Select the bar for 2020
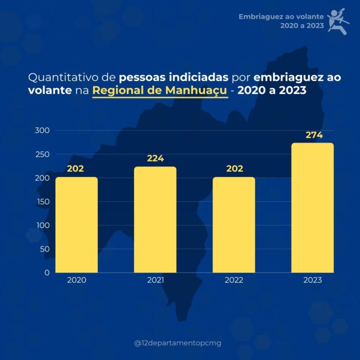[77, 225]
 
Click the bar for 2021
[155, 220]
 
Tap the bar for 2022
[234, 225]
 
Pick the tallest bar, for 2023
[312, 208]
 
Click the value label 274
[312, 135]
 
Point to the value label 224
[155, 158]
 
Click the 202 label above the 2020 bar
[75, 169]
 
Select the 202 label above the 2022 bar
[234, 169]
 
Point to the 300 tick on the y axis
[42, 131]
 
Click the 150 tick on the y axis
[42, 202]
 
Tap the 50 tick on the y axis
[45, 249]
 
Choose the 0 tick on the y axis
[47, 273]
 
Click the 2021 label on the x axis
[155, 280]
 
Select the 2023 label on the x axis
[312, 280]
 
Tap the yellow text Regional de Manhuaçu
[160, 92]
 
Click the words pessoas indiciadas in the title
[172, 78]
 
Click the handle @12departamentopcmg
[177, 343]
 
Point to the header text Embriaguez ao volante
[281, 16]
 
